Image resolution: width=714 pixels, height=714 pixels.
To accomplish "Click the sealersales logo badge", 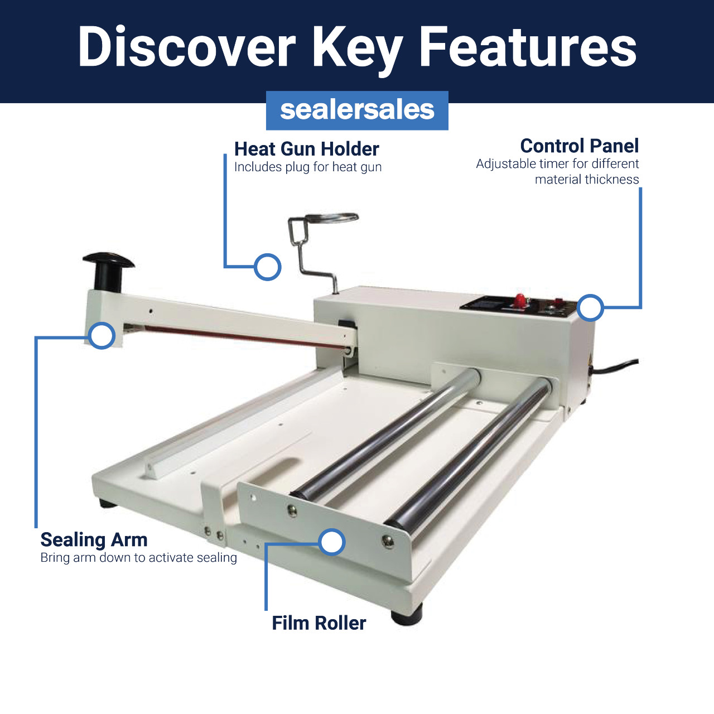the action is (x=357, y=110).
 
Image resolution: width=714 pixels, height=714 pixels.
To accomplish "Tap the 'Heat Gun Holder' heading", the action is (x=306, y=149).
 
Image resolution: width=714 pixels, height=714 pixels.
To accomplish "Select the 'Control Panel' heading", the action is (x=580, y=146).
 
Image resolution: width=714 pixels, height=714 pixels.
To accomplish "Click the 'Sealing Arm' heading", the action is (x=94, y=540).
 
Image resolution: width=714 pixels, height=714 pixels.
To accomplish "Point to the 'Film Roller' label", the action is (x=319, y=623).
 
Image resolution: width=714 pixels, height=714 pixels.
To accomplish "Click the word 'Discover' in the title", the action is (x=186, y=47).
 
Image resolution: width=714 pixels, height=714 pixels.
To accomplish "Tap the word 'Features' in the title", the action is (x=528, y=47).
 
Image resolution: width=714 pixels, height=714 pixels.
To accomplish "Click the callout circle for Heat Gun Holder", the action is (x=268, y=267).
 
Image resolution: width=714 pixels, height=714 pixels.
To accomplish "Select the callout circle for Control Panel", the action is (x=590, y=307).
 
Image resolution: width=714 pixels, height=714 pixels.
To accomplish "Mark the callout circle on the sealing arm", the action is (x=102, y=335).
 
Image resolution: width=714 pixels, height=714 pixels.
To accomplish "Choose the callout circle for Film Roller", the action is (x=332, y=542).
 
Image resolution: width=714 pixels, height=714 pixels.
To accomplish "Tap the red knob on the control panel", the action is (x=520, y=300).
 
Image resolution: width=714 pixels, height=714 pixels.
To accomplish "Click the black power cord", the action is (x=615, y=366).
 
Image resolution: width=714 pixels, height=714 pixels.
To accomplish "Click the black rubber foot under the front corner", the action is (x=407, y=616).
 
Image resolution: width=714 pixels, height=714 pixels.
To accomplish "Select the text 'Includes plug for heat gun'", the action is (x=308, y=167).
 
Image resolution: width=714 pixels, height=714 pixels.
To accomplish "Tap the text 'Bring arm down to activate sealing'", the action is (x=138, y=558).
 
